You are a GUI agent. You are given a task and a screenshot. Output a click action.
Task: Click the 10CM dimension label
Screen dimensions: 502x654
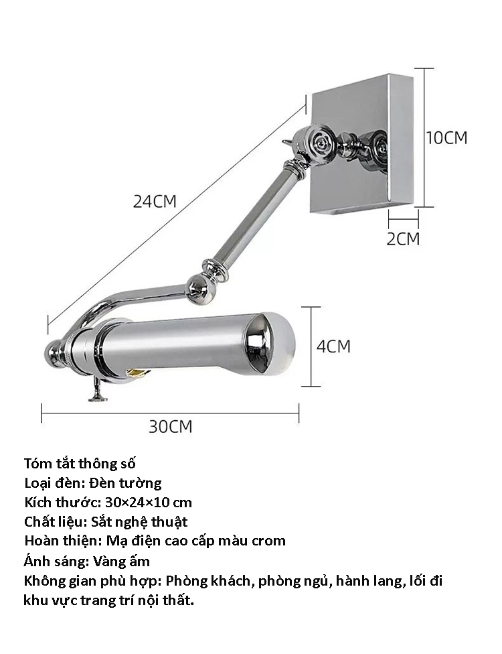(446, 137)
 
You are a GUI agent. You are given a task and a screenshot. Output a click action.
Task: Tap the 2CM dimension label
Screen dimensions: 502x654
(403, 239)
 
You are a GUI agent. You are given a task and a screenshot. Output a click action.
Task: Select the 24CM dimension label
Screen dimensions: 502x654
(155, 202)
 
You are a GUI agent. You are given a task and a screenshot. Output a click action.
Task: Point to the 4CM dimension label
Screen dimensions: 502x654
(333, 346)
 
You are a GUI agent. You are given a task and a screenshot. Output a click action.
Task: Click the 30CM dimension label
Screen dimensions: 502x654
(171, 427)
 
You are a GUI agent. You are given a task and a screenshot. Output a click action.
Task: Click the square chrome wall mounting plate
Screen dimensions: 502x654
(361, 144)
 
